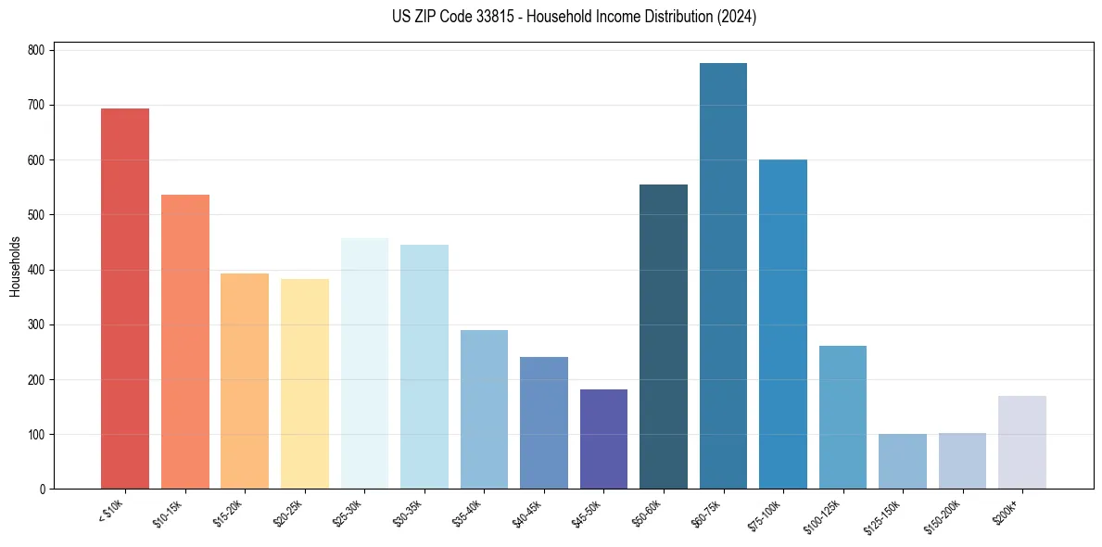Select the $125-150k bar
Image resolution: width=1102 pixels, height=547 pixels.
pyautogui.click(x=903, y=461)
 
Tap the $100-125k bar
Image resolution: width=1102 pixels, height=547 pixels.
pyautogui.click(x=842, y=417)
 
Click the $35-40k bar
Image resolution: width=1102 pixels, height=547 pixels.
pyautogui.click(x=484, y=409)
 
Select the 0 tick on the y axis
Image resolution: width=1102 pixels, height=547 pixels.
pyautogui.click(x=43, y=489)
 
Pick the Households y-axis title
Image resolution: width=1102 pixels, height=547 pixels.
pyautogui.click(x=15, y=266)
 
